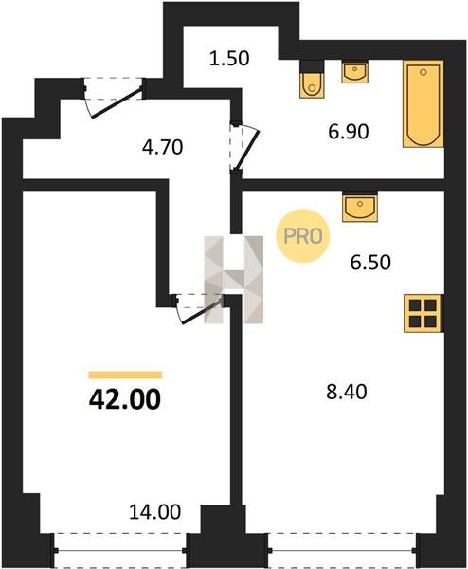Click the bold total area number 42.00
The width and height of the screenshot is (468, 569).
pyautogui.click(x=125, y=399)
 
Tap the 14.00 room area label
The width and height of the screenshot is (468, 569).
pyautogui.click(x=154, y=512)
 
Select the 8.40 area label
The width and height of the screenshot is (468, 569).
pyautogui.click(x=347, y=392)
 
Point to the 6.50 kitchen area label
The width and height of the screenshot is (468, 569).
pyautogui.click(x=370, y=263)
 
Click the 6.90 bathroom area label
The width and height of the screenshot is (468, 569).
pyautogui.click(x=349, y=132)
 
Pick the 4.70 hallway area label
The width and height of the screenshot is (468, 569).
pyautogui.click(x=162, y=148)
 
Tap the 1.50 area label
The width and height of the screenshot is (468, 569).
pyautogui.click(x=229, y=59)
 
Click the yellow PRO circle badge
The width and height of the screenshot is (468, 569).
pyautogui.click(x=303, y=236)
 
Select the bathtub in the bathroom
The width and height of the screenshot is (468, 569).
pyautogui.click(x=423, y=104)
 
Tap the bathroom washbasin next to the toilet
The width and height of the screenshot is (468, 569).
pyautogui.click(x=355, y=73)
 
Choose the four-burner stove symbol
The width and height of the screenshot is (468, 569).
pyautogui.click(x=423, y=313)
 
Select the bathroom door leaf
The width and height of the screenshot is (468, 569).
pyautogui.click(x=248, y=150)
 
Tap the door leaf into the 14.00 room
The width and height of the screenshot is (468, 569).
pyautogui.click(x=202, y=310)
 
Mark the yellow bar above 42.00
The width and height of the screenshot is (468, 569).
pyautogui.click(x=125, y=375)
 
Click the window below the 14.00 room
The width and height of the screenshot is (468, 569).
pyautogui.click(x=120, y=550)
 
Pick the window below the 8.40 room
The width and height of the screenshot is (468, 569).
pyautogui.click(x=342, y=550)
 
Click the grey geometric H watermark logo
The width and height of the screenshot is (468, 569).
pyautogui.click(x=233, y=280)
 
